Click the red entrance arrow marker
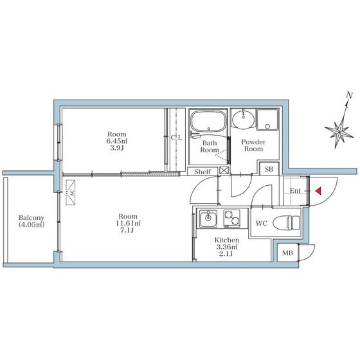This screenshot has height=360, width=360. pyautogui.click(x=318, y=191)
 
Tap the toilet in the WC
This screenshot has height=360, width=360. pyautogui.click(x=286, y=222)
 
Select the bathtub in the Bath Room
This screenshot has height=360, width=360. pyautogui.click(x=208, y=122)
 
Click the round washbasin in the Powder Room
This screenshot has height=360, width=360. pyautogui.click(x=243, y=119)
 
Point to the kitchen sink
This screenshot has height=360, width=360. pyautogui.click(x=208, y=219)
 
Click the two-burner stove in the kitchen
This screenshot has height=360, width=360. pyautogui.click(x=232, y=219)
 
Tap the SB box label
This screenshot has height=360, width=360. pyautogui.click(x=269, y=169)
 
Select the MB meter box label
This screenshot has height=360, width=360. pyautogui.click(x=287, y=253)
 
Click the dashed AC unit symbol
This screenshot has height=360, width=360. pyautogui.click(x=71, y=192)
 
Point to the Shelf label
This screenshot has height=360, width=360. pyautogui.click(x=203, y=172)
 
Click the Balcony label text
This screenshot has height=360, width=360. pyautogui.click(x=32, y=217)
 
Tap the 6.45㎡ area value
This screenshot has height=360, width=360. pyautogui.click(x=117, y=141)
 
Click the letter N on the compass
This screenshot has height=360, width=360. pyautogui.click(x=350, y=95)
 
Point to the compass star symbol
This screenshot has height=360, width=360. pyautogui.click(x=339, y=132)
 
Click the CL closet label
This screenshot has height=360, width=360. pyautogui.click(x=176, y=138)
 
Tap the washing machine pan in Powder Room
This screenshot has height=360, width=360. pyautogui.click(x=267, y=120)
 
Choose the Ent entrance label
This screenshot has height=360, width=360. pyautogui.click(x=295, y=190)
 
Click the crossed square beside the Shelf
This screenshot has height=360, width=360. pyautogui.click(x=224, y=170)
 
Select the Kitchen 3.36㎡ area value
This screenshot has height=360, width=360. pyautogui.click(x=227, y=247)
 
